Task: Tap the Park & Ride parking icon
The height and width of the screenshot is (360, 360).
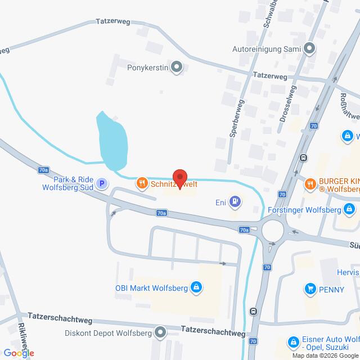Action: click(102, 183)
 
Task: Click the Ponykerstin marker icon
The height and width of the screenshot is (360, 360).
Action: click(177, 69)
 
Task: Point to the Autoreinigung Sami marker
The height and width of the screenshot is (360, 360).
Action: click(309, 49)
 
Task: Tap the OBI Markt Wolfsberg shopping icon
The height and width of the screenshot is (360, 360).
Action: click(196, 289)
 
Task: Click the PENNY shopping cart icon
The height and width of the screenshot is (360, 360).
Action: click(310, 289)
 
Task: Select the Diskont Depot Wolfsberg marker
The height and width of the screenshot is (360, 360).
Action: click(161, 331)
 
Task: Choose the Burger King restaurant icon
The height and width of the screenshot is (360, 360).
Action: click(310, 182)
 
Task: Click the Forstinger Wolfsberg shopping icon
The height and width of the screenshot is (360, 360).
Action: click(350, 210)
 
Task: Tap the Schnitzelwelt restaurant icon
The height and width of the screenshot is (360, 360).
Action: click(142, 183)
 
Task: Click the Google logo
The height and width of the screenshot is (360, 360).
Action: click(18, 353)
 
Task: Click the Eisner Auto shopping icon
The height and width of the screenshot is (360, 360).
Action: click(293, 341)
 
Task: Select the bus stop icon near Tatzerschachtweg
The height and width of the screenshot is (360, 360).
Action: click(254, 310)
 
